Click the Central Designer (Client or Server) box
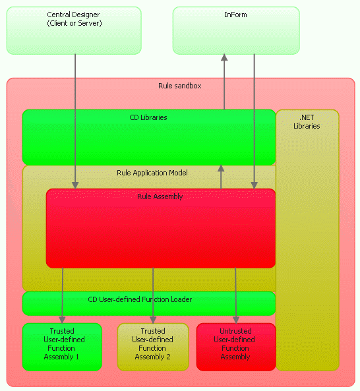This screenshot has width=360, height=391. click(74, 30)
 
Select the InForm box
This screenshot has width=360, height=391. click(236, 30)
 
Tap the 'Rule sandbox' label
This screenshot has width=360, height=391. click(180, 86)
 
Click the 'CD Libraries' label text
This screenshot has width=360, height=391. click(148, 117)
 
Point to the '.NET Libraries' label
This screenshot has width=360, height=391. click(307, 122)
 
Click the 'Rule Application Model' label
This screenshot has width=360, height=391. click(152, 173)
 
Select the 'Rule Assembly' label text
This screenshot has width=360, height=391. click(160, 196)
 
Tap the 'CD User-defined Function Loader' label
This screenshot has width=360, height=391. click(140, 299)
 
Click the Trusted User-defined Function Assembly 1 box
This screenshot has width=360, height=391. click(62, 347)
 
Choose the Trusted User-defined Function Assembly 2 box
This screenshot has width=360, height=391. click(153, 347)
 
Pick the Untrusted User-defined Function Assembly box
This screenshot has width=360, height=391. click(236, 347)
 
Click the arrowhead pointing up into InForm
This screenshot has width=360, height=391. click(224, 57)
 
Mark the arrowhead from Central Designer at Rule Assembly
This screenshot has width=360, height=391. click(75, 185)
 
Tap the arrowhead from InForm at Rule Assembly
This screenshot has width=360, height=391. click(255, 185)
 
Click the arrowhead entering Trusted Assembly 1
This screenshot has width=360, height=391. click(62, 320)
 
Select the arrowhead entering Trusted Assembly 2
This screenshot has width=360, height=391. click(153, 320)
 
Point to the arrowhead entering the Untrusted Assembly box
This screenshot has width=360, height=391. click(236, 320)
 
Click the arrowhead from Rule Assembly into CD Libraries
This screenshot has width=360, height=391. click(221, 169)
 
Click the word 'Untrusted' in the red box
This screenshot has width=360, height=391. click(235, 331)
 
